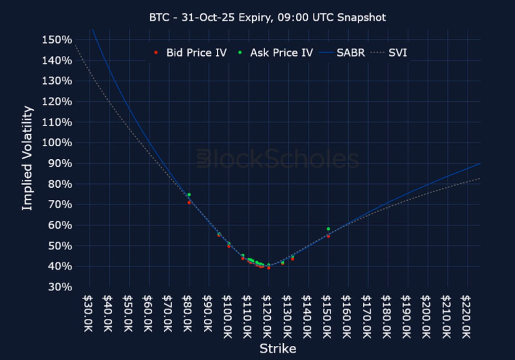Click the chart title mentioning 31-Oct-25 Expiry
pos(267,17)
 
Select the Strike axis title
pos(278,349)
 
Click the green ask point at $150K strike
pos(328,229)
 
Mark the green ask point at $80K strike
pos(189,195)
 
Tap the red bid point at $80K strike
pos(189,202)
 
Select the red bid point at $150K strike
pos(328,236)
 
